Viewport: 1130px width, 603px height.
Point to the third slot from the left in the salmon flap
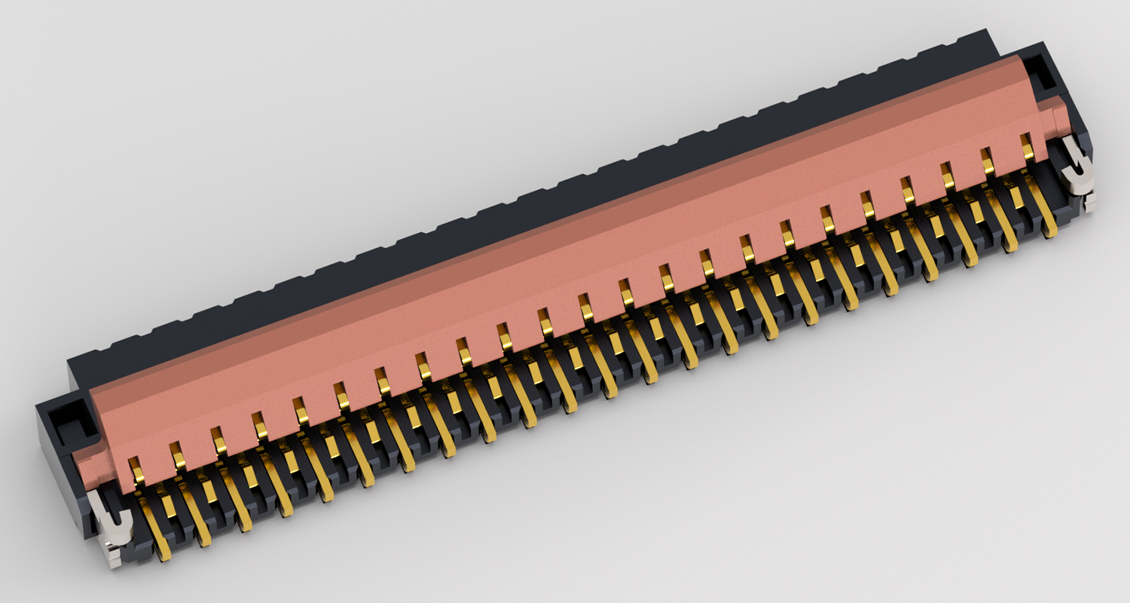coord(218,439)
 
